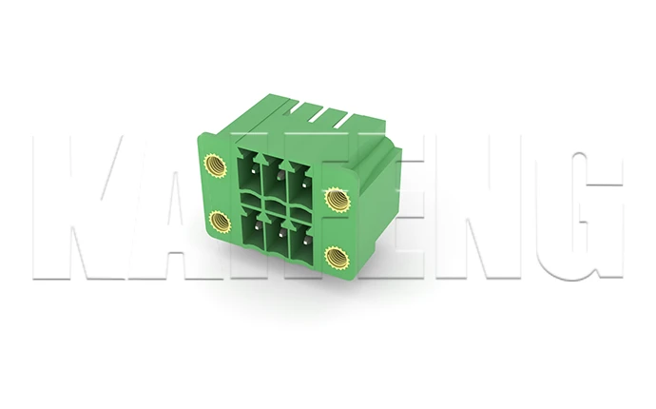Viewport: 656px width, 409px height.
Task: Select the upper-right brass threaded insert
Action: pos(336,199)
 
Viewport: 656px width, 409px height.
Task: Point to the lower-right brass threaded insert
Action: pos(335,256)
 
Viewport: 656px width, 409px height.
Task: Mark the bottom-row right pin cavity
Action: pos(303,239)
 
